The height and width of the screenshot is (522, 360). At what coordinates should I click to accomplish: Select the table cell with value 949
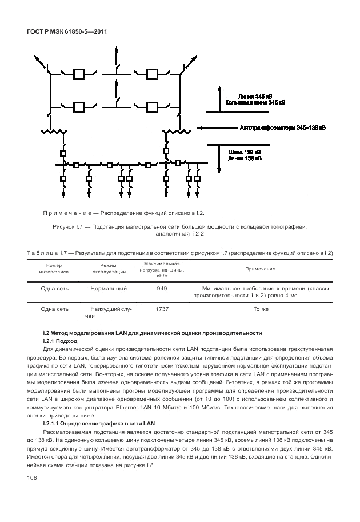(x=162, y=289)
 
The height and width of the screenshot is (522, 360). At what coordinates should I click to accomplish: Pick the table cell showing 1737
(x=162, y=309)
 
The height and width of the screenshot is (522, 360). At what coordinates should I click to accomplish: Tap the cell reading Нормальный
(x=108, y=289)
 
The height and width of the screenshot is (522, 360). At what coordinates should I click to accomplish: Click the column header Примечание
(x=260, y=269)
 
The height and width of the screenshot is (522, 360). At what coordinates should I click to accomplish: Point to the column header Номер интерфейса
(x=54, y=269)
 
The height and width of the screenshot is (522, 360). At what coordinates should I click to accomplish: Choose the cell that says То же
(x=261, y=309)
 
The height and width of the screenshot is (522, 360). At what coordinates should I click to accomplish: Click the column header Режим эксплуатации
(x=108, y=269)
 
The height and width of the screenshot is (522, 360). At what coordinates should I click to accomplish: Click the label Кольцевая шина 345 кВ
(x=255, y=102)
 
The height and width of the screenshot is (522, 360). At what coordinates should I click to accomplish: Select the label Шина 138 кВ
(x=244, y=152)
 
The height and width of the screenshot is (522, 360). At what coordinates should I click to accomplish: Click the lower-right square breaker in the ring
(x=152, y=106)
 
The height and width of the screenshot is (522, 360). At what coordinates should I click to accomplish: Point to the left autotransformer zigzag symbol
(x=51, y=133)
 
